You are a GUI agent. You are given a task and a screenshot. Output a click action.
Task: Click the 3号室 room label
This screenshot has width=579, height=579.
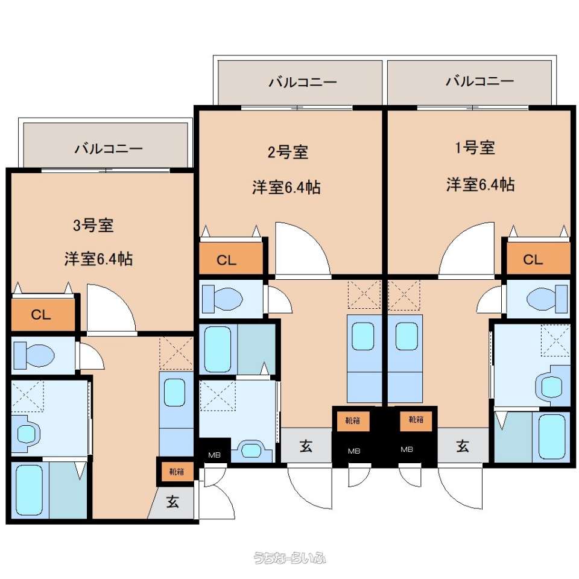[x=93, y=225]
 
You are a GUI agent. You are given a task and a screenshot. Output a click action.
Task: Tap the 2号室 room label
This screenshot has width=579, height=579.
[x=288, y=152]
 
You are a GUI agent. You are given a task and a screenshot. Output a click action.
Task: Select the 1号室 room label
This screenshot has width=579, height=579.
[x=475, y=148]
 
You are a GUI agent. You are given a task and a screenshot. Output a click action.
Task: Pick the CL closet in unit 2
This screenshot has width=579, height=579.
[x=231, y=259]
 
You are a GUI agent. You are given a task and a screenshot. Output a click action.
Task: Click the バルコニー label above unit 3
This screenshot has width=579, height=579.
[x=109, y=148]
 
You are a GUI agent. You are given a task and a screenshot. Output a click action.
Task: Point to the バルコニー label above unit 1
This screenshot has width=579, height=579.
[x=479, y=80]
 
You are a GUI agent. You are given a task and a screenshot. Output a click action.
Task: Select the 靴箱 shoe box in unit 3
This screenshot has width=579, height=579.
[x=177, y=472]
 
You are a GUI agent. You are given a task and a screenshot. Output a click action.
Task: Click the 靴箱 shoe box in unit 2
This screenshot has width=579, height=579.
[x=353, y=421]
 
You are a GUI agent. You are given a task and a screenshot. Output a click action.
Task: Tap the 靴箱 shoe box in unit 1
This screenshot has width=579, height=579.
[x=416, y=420]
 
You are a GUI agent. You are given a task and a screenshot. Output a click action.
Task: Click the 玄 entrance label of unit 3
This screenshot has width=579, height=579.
[x=172, y=502]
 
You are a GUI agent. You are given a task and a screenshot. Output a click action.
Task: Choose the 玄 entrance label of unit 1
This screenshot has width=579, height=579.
[x=463, y=446]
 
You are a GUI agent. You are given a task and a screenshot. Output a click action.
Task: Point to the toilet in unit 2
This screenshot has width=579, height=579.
[x=223, y=298]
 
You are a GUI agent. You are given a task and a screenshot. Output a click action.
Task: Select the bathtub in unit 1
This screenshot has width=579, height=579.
[x=552, y=437]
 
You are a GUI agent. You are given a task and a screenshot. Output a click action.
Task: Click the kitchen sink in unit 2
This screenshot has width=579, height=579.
[x=362, y=337]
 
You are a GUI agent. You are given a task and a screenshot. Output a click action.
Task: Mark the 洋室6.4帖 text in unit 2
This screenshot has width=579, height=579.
[x=286, y=187]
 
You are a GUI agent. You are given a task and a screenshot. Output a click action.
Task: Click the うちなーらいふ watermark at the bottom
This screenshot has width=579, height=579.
[x=289, y=557]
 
